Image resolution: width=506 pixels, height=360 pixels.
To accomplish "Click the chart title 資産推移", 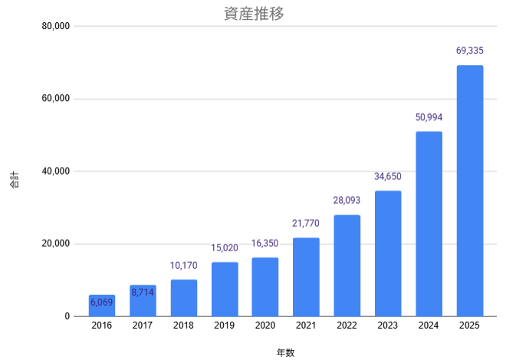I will [x=252, y=13].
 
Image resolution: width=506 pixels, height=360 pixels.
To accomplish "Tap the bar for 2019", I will [x=225, y=290].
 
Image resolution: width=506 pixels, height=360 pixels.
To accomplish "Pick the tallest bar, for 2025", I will [x=470, y=191].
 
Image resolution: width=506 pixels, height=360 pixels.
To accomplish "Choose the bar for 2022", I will [x=347, y=266].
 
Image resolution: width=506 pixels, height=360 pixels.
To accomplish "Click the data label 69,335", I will [x=470, y=51].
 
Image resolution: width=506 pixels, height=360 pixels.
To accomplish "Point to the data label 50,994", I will [x=429, y=117].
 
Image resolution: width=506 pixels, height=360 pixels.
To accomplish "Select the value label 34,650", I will [x=388, y=177].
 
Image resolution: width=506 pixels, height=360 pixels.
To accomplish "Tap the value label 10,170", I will [x=184, y=266].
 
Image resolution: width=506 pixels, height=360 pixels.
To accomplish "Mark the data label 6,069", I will [x=102, y=303].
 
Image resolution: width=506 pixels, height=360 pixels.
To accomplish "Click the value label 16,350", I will [x=265, y=244].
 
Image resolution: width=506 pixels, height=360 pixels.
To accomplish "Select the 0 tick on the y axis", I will [x=67, y=316].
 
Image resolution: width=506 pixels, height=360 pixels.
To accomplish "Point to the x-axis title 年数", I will [x=285, y=352].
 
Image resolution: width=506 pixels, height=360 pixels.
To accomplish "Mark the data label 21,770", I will [x=306, y=224].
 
